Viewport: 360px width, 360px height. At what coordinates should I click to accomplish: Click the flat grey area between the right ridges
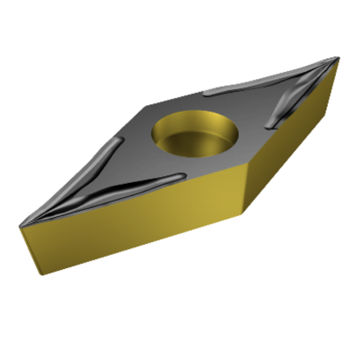291,95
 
